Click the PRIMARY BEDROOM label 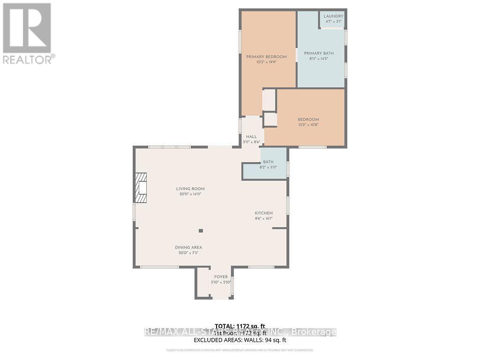(x=266, y=57)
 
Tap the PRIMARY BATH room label (x=322, y=53)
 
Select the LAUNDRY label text (x=333, y=16)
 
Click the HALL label (x=251, y=136)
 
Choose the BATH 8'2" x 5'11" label (x=268, y=162)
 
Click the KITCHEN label (x=263, y=213)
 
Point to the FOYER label (x=221, y=277)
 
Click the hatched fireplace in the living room (x=140, y=187)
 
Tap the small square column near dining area (x=201, y=230)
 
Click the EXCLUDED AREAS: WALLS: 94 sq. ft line (x=240, y=339)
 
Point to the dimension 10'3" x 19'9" (x=266, y=62)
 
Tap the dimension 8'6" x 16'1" (x=263, y=218)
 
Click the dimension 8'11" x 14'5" (x=322, y=59)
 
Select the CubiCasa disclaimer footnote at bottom (x=240, y=350)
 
